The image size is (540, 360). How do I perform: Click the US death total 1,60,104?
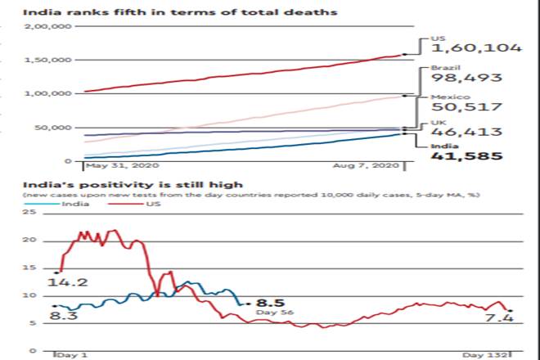tap(476, 48)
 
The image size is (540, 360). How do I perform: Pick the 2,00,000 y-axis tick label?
tap(50, 26)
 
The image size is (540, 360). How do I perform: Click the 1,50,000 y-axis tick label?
tap(50, 60)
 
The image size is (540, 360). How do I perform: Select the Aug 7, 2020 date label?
tap(373, 167)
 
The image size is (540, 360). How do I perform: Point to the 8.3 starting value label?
tap(67, 313)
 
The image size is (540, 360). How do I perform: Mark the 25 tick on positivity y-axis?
tap(31, 213)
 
